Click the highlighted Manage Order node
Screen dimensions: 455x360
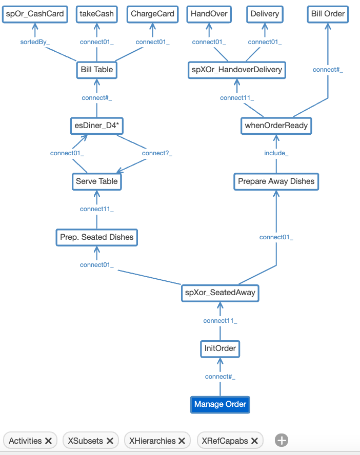point(220,404)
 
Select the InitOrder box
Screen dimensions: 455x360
point(220,348)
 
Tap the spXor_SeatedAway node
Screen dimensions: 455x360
point(220,293)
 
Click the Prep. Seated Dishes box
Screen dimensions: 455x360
point(96,237)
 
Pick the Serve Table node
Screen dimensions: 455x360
point(96,181)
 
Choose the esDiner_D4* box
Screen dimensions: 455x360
point(96,125)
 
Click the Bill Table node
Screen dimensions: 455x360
point(96,69)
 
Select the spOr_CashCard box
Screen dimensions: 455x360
point(35,14)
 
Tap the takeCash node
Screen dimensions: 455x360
point(96,14)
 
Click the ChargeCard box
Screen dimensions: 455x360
point(152,14)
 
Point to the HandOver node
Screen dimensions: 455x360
point(209,14)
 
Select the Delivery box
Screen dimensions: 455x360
point(265,14)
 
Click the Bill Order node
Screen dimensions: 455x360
point(328,14)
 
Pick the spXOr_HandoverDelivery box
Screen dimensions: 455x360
point(236,69)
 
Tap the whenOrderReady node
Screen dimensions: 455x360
point(276,125)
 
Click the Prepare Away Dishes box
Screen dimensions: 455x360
point(276,181)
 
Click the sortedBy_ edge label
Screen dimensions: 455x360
point(35,42)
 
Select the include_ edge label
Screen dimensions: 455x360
point(276,153)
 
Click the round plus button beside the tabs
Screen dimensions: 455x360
point(282,440)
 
